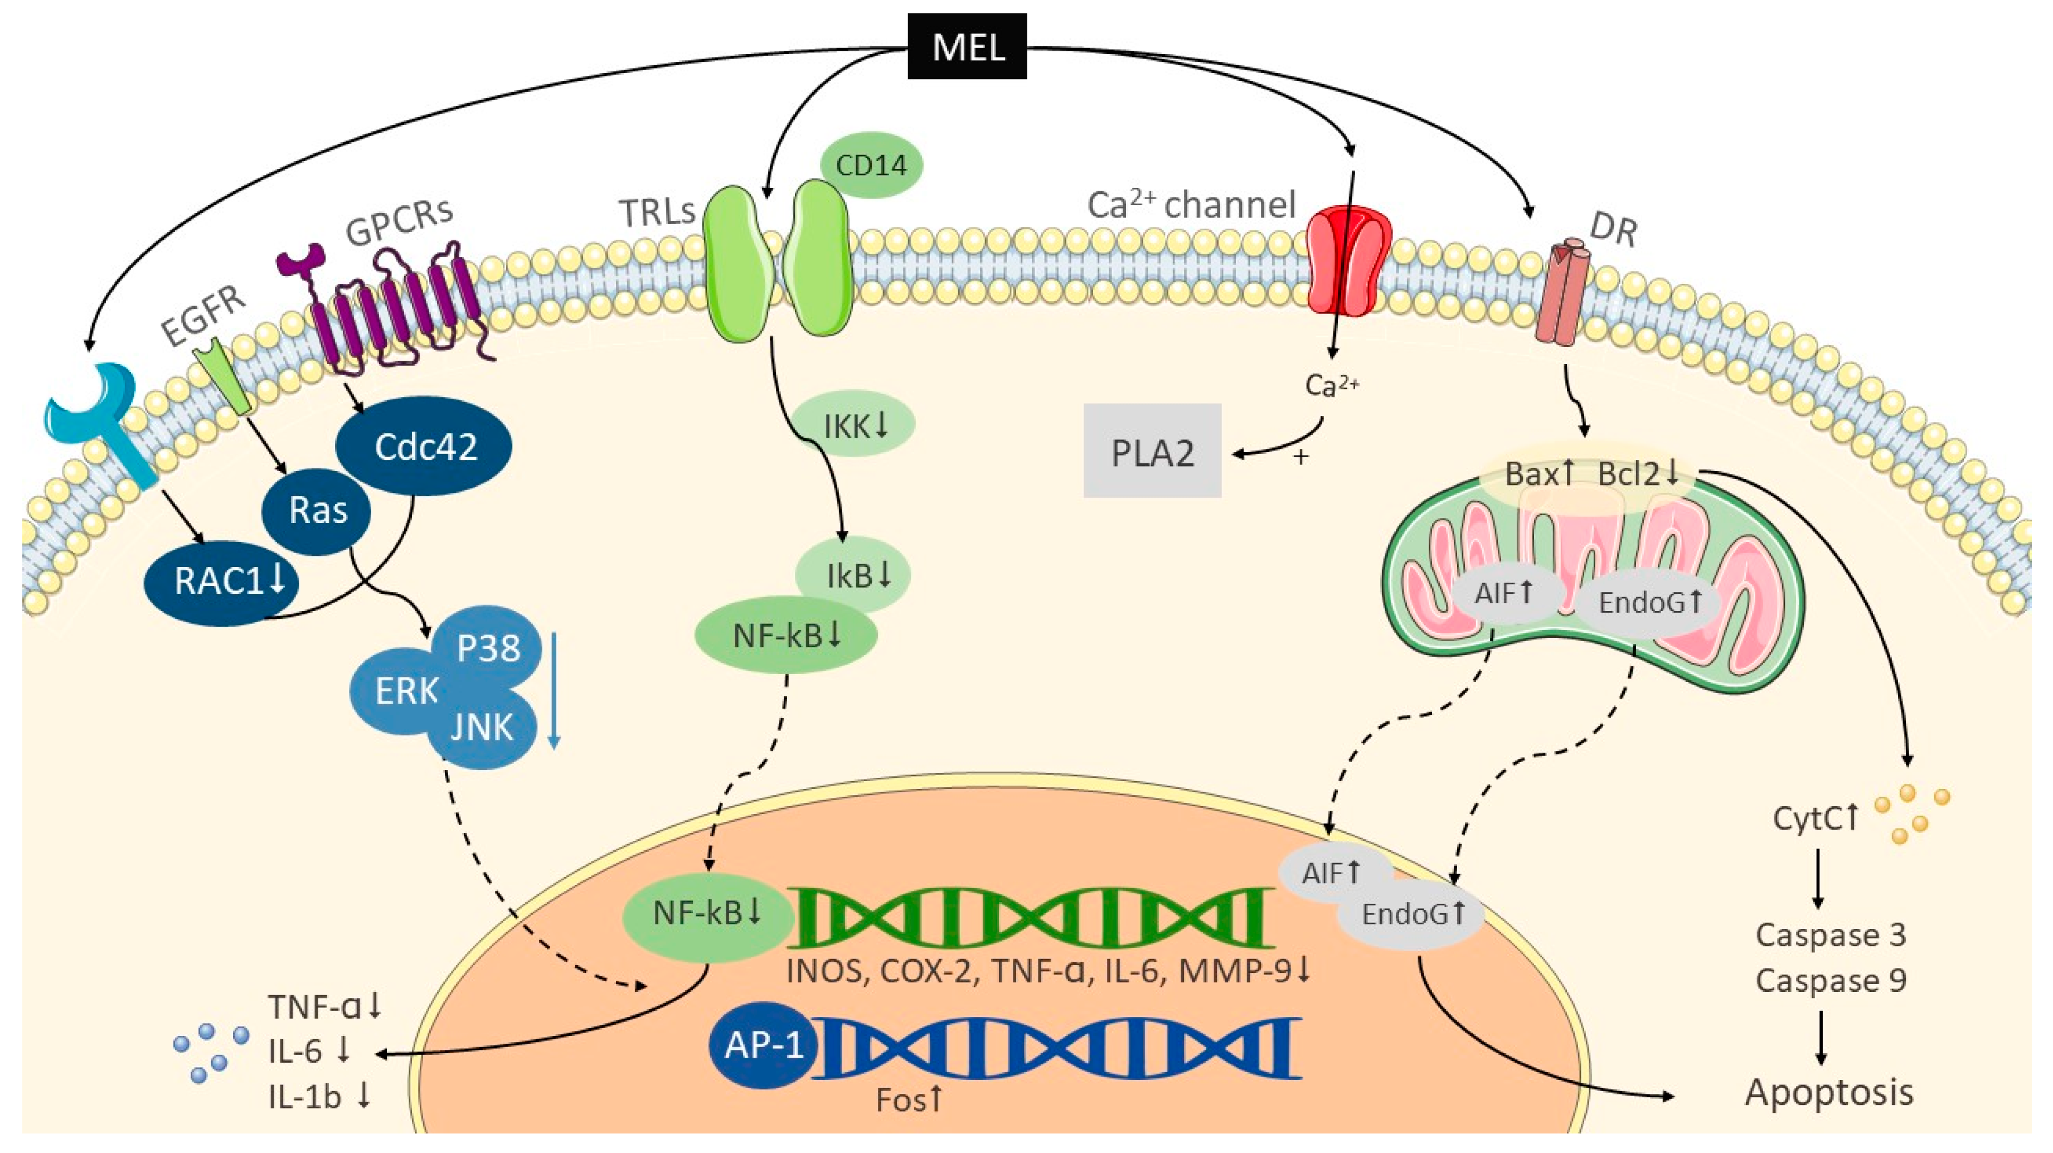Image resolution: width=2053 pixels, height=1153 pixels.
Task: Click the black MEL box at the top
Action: coord(967,46)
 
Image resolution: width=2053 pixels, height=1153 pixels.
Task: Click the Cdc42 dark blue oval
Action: coord(424,447)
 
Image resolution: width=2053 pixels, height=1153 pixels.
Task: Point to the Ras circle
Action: coord(317,510)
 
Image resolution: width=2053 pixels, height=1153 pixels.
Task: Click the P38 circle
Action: coord(488,647)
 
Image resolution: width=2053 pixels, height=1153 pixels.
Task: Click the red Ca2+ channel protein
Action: coord(1350,260)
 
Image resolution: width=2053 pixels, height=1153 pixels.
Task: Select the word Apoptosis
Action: coord(1828,1092)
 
